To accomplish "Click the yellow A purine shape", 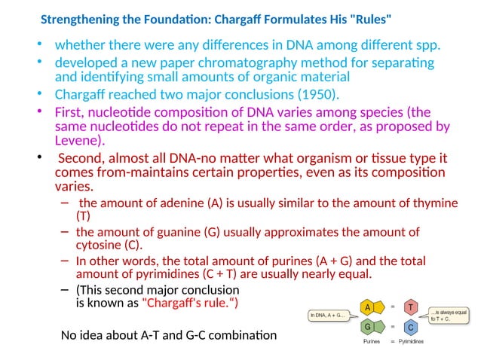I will click(x=368, y=308).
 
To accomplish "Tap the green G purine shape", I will click(x=368, y=328).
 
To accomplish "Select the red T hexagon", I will click(x=410, y=307).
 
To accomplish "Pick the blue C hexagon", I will click(x=410, y=328).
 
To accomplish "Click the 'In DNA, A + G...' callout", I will click(x=329, y=315).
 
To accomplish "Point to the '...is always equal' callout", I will click(x=449, y=314).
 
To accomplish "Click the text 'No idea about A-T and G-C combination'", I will click(x=168, y=334).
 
